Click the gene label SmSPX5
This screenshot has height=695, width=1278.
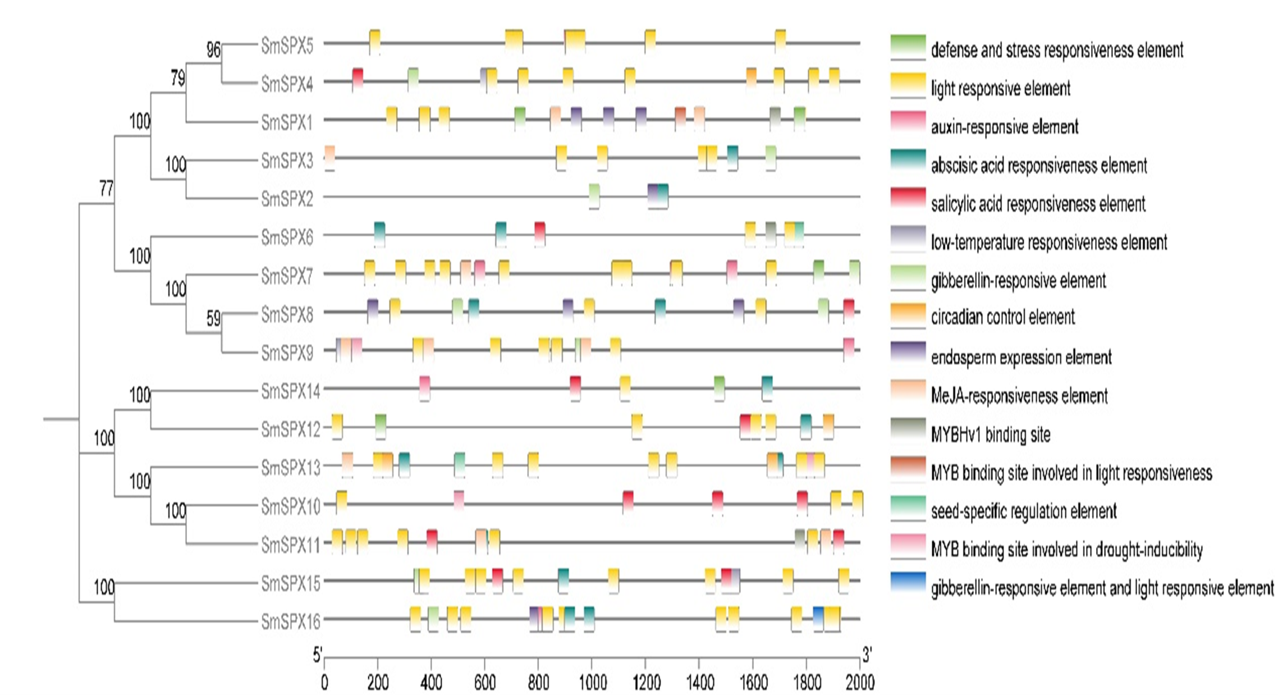(287, 45)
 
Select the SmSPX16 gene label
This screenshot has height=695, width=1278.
(290, 621)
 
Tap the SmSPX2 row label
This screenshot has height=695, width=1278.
(287, 199)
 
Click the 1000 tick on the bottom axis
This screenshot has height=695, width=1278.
(593, 682)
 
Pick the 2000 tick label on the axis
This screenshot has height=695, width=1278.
(860, 682)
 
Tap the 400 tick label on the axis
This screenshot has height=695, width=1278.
(431, 682)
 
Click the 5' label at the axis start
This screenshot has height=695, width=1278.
(318, 655)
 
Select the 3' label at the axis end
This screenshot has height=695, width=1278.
(867, 655)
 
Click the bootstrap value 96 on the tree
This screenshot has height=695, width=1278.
(213, 50)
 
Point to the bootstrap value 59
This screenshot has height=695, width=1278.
(213, 318)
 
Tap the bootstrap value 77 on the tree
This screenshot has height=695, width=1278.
(107, 189)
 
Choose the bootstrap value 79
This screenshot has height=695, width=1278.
(178, 78)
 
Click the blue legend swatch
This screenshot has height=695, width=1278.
(908, 582)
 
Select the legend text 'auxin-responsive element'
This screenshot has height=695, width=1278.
(1004, 127)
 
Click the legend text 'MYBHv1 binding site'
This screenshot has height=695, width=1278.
(991, 435)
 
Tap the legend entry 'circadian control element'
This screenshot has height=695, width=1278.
(1002, 317)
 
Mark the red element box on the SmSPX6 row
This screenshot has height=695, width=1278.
(540, 232)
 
